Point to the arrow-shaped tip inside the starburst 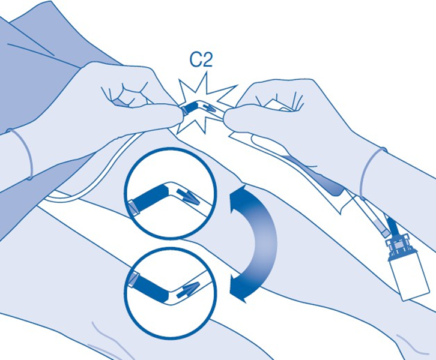(209, 109)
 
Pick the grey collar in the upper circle (133, 208)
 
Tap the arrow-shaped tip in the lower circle (189, 289)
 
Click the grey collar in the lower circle (135, 280)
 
